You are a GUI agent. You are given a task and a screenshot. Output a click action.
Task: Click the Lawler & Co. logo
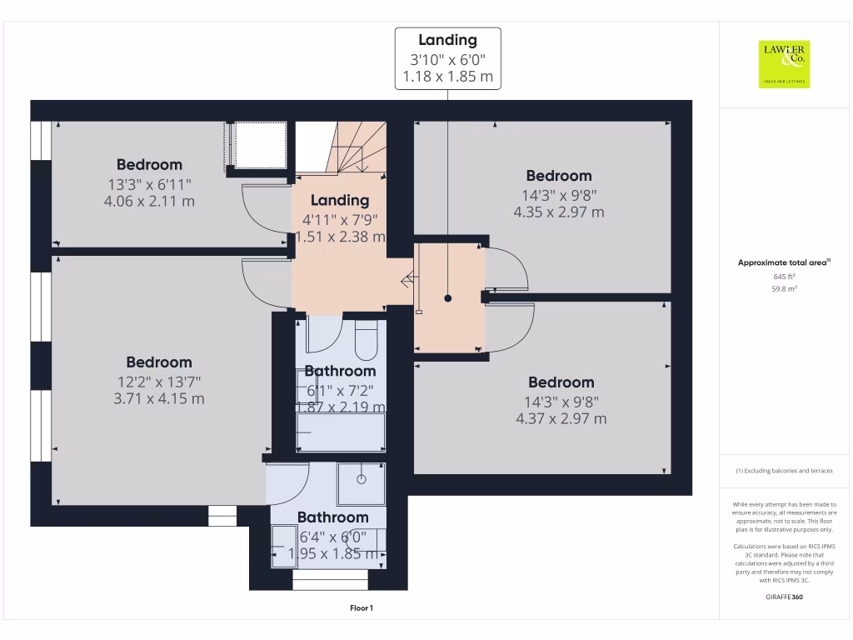[784, 64]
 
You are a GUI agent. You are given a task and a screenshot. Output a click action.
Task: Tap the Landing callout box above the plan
[447, 58]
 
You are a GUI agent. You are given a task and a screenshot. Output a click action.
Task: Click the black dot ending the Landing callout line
[448, 297]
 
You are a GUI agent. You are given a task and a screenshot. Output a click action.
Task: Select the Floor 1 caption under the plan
[362, 608]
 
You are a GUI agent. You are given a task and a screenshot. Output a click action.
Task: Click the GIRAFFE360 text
[784, 597]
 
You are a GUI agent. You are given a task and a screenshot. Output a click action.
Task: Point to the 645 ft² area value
[784, 276]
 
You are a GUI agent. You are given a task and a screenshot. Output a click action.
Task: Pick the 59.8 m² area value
[784, 288]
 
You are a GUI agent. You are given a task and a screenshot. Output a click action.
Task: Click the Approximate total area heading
[784, 262]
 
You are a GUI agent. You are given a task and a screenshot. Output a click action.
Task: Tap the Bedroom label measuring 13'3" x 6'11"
[149, 165]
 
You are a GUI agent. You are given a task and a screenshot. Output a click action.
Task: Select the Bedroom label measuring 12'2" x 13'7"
[159, 362]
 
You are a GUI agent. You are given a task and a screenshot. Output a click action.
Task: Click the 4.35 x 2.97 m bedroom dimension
[559, 212]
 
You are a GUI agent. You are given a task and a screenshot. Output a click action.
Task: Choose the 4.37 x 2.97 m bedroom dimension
[561, 418]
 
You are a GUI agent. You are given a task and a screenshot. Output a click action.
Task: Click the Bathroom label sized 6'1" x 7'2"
[340, 371]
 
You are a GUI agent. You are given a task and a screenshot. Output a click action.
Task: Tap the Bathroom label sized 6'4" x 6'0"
[332, 517]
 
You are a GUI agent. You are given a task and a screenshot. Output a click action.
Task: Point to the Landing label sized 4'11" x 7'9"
[340, 201]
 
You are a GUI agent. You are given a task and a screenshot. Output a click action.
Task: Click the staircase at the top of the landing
[350, 147]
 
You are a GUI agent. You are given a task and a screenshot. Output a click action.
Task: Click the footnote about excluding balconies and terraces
[784, 471]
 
